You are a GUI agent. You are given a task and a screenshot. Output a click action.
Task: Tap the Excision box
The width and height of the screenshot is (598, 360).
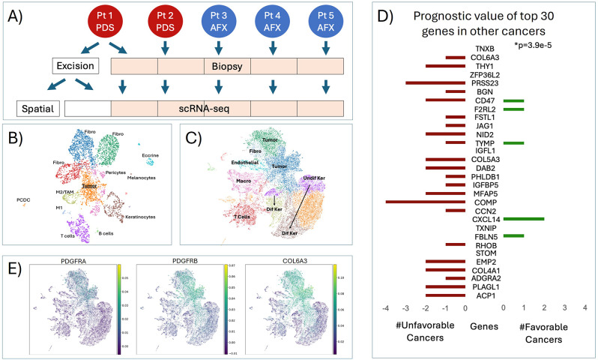(x=75, y=66)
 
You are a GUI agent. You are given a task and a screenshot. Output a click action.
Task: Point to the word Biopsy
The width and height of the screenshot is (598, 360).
(x=218, y=66)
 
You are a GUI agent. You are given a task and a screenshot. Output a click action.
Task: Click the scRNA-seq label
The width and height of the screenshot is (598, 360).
(x=219, y=108)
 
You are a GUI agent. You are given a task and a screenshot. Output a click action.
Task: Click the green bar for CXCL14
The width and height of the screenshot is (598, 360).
(x=523, y=218)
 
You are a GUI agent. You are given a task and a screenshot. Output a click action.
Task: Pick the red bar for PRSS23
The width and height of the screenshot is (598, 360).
(x=435, y=82)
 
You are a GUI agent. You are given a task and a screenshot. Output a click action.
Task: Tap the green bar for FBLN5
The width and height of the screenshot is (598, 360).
(x=513, y=235)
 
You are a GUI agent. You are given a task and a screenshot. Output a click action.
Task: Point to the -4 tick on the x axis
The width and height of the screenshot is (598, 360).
(x=385, y=308)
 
